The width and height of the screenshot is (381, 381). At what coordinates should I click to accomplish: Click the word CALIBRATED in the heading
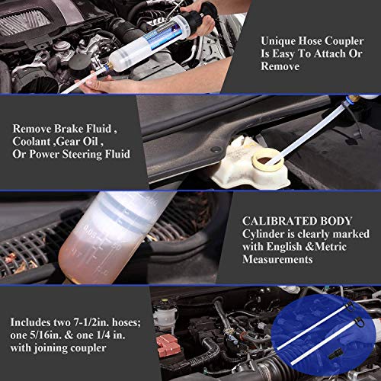click(279, 216)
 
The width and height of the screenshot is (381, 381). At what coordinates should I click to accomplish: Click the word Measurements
click(277, 259)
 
